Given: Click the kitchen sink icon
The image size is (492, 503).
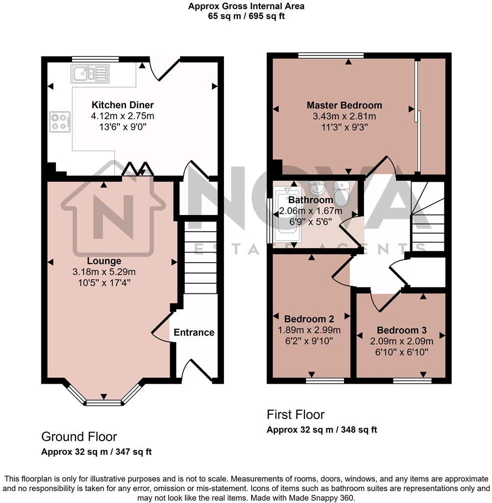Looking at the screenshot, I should click(x=89, y=73).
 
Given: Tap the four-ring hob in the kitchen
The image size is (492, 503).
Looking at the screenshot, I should click(x=59, y=121).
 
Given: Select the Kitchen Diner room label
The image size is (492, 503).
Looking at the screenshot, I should click(x=122, y=105).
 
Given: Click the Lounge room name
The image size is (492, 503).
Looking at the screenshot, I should click(x=104, y=261).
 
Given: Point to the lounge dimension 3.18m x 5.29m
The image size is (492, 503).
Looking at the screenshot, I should click(x=104, y=272).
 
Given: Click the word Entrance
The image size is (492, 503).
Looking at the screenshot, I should click(x=194, y=332).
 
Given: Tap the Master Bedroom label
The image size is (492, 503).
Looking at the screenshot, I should click(x=344, y=105).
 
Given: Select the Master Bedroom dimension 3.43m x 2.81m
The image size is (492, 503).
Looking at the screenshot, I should click(x=344, y=116).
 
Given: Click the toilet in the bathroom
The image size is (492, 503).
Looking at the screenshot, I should click(x=341, y=194).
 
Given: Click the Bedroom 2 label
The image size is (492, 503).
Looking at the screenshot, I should click(x=309, y=318).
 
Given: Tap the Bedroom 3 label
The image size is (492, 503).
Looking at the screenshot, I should click(x=401, y=330).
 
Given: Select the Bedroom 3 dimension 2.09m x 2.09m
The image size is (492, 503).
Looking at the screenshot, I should click(x=401, y=341).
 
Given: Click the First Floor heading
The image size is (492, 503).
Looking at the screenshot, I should click(x=295, y=415).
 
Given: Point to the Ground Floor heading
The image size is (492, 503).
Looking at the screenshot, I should click(x=79, y=437).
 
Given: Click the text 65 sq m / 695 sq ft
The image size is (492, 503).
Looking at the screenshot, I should click(x=246, y=16).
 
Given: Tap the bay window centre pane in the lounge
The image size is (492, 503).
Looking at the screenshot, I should click(x=103, y=402).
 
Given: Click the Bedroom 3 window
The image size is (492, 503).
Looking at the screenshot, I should click(x=412, y=381).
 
